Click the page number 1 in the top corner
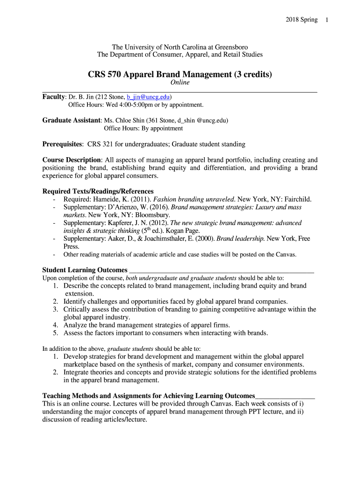(327, 20)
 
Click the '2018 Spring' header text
(301, 20)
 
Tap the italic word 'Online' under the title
(180, 82)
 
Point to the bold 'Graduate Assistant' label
(71, 120)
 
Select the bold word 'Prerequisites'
(63, 144)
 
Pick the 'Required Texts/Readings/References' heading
(98, 191)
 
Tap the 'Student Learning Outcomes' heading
(85, 270)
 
